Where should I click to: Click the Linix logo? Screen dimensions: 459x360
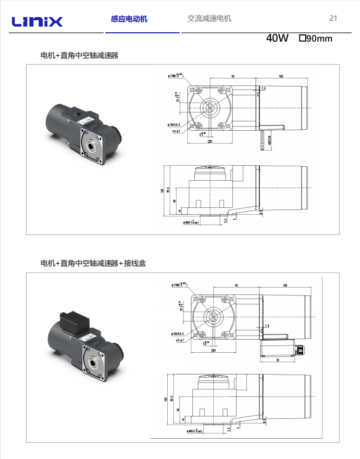(37, 21)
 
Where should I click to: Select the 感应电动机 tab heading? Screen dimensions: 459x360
(129, 19)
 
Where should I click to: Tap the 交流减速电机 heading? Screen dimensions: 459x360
(209, 19)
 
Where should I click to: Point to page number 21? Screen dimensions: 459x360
(333, 18)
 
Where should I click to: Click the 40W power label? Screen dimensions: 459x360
(277, 38)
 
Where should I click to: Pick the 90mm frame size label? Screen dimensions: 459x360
(316, 38)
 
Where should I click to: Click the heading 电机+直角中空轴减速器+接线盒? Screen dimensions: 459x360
(93, 263)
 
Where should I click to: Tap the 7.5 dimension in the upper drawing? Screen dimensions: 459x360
(264, 89)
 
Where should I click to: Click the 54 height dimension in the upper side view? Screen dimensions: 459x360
(175, 201)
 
